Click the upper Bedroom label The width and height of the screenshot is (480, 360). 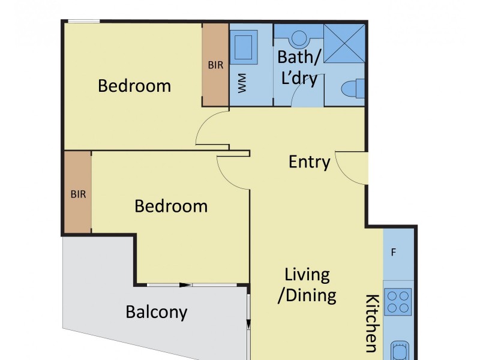(134, 86)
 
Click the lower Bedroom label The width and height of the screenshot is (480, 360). (171, 206)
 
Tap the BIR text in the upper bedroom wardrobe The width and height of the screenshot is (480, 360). (215, 65)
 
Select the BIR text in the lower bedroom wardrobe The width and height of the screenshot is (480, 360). (77, 194)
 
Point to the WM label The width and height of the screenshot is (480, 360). (242, 85)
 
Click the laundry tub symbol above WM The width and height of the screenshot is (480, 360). (244, 47)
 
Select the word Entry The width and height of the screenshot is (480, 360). (310, 162)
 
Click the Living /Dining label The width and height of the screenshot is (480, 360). (307, 285)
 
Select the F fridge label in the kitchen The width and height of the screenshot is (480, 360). (394, 252)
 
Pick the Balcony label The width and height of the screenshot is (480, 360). (157, 312)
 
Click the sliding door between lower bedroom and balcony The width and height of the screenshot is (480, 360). (192, 284)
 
